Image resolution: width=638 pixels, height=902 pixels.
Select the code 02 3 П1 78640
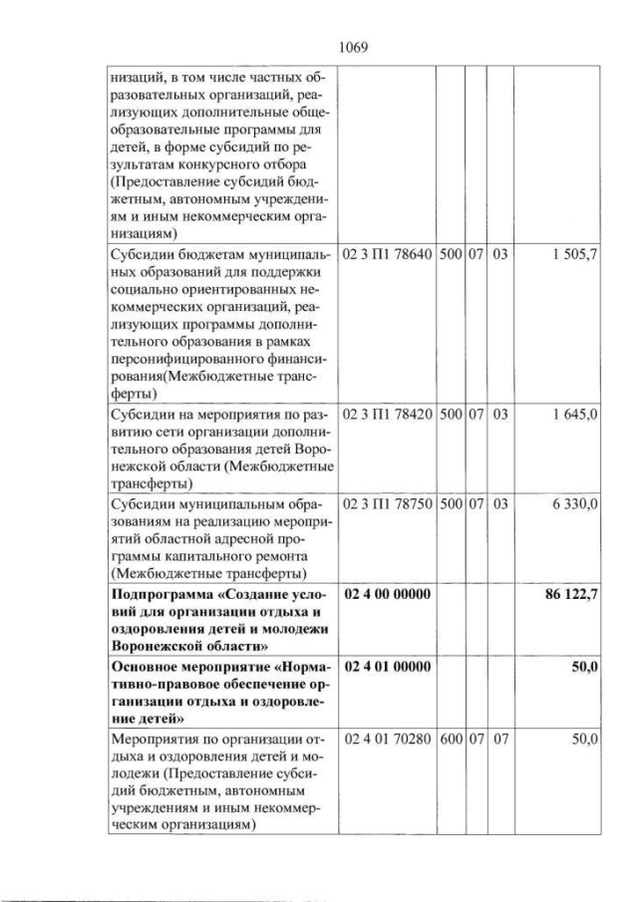tap(387, 255)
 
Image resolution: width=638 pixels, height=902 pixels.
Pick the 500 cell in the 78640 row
tap(450, 255)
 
